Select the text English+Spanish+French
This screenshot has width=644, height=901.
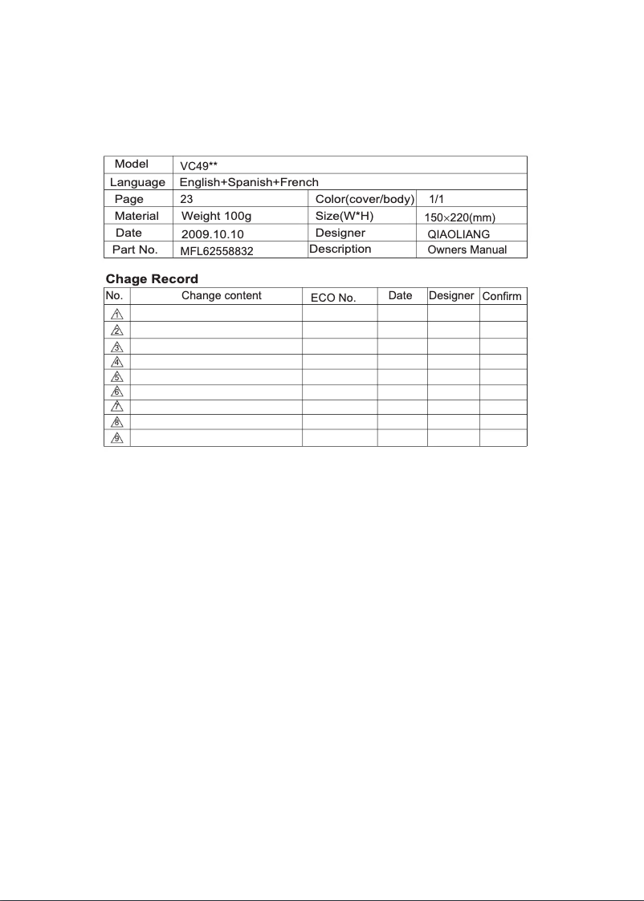[249, 182]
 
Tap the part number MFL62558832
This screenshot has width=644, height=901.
[217, 250]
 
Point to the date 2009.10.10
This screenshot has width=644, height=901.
[213, 234]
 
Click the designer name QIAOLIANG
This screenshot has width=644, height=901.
[459, 234]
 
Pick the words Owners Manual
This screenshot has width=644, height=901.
[467, 250]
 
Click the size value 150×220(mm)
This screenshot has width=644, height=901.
[459, 217]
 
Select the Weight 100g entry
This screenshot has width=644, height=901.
[217, 216]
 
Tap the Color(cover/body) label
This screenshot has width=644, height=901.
[365, 199]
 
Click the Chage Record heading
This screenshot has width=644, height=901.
[153, 279]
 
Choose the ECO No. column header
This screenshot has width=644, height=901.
[333, 298]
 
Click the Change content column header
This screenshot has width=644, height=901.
[222, 295]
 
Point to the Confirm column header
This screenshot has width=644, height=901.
[502, 297]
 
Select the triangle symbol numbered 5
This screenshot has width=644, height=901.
[116, 377]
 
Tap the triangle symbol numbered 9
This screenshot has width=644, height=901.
[116, 438]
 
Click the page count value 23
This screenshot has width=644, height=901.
[186, 199]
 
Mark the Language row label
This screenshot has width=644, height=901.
[137, 183]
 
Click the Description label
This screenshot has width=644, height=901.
[340, 249]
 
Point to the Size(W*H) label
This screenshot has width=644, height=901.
[345, 216]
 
